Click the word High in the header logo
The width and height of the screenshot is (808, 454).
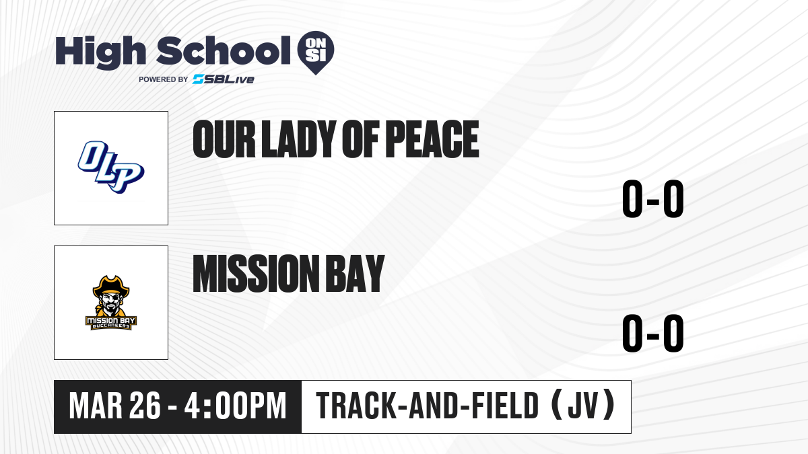click(100, 52)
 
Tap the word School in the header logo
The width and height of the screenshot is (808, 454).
click(224, 50)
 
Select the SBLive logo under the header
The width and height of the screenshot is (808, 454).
click(224, 79)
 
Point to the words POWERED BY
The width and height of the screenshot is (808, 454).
click(163, 79)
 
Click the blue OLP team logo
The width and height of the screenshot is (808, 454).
click(111, 167)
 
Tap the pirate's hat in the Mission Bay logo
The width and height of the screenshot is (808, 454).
click(111, 286)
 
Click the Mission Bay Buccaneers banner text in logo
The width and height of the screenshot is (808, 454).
click(111, 323)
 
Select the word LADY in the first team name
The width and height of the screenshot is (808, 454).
click(296, 139)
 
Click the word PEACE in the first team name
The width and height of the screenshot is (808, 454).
click(432, 139)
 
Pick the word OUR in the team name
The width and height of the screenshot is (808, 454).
click(224, 139)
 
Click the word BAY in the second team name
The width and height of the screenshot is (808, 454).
click(355, 273)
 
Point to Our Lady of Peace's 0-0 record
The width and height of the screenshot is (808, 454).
click(653, 198)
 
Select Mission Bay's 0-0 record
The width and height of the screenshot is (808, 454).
click(653, 333)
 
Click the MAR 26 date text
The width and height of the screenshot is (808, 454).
click(114, 406)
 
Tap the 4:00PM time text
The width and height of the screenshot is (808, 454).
click(235, 406)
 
